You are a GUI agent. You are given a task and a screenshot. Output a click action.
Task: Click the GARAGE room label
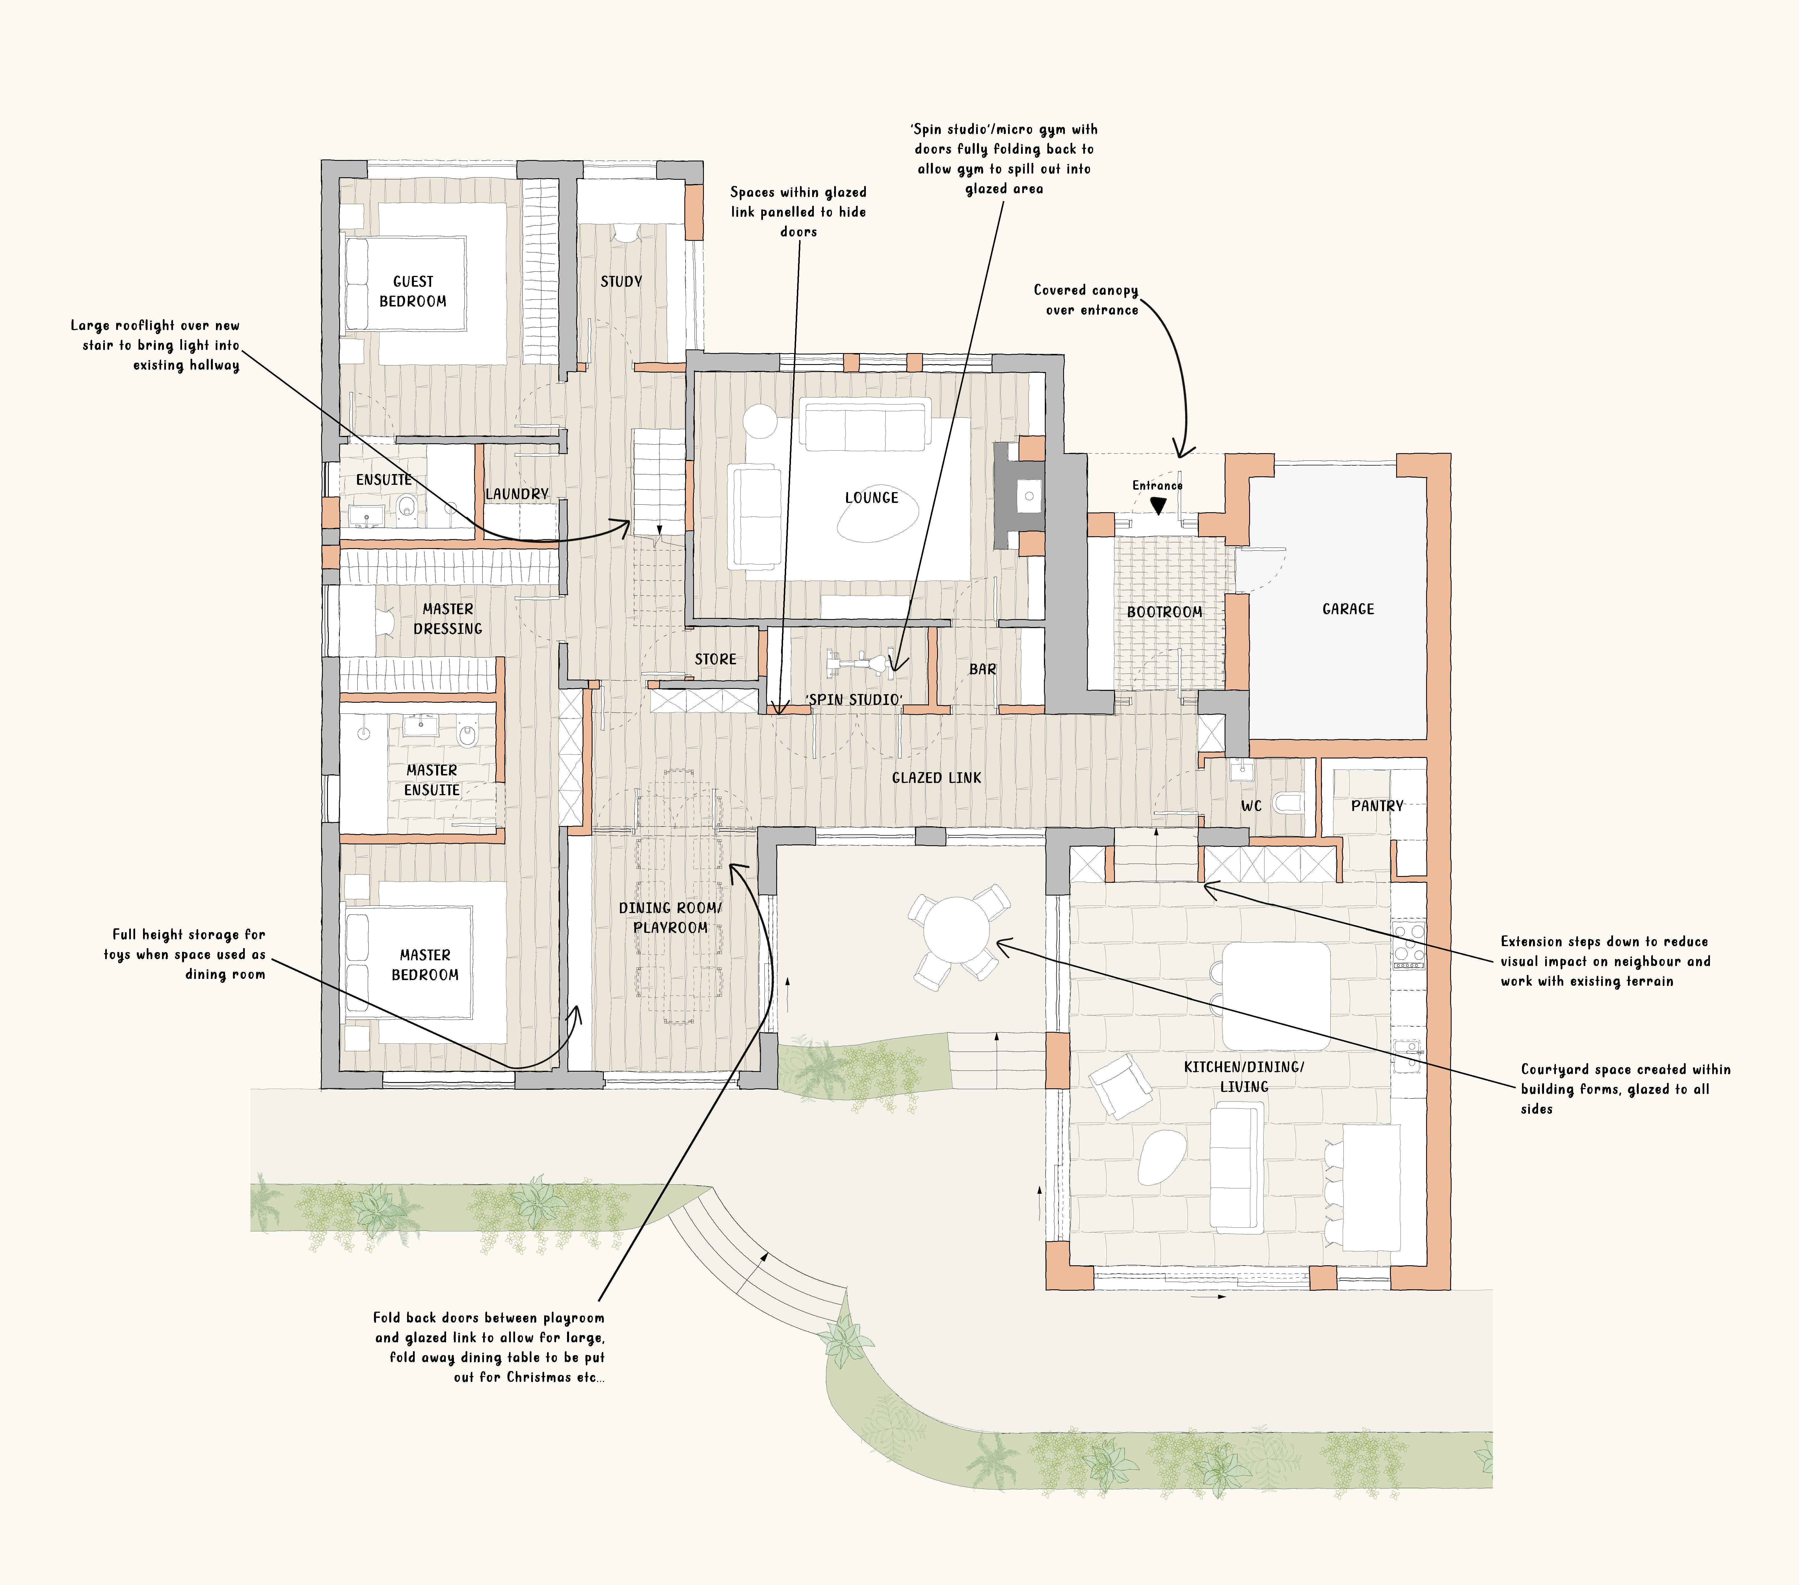point(1348,609)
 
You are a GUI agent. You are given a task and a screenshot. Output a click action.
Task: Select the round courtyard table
point(959,931)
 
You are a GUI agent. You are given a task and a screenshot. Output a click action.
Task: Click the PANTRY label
point(1377,806)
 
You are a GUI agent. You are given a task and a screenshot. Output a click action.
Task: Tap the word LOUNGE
point(871,498)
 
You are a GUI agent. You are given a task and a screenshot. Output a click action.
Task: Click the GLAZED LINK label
point(937,778)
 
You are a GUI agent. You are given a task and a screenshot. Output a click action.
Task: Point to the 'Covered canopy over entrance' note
point(1086,300)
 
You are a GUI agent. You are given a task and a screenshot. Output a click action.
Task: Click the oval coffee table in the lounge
point(877,518)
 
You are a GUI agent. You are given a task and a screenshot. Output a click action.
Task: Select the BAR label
point(982,670)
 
